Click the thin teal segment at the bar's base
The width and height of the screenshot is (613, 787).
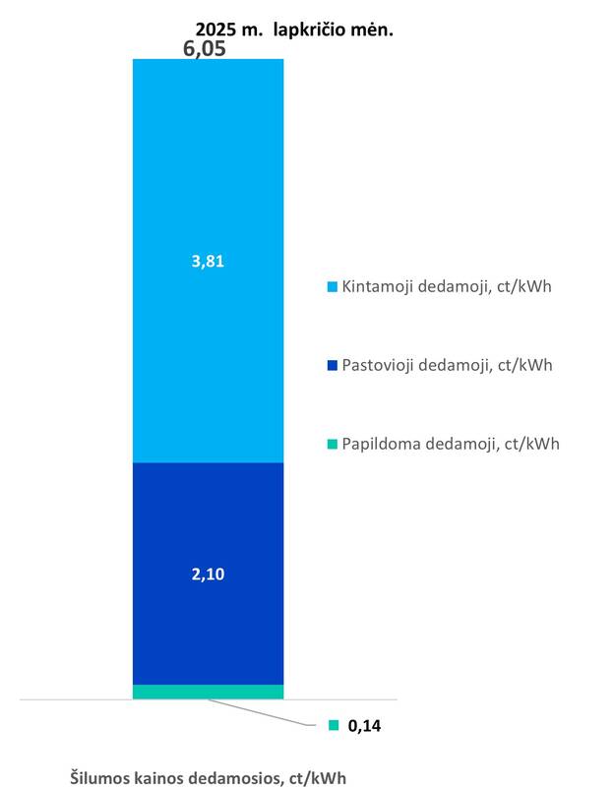208,692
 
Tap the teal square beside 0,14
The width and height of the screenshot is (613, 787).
334,726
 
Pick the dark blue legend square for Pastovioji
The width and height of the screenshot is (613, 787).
332,366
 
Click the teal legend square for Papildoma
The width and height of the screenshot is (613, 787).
332,444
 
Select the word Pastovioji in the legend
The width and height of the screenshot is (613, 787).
378,365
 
